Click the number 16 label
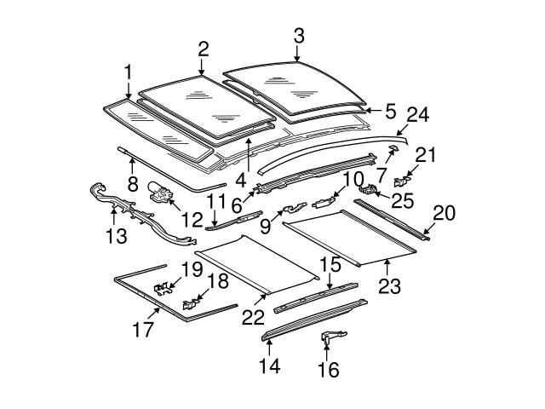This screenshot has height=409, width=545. coord(329,369)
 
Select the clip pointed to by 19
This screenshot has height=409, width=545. coord(162,289)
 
